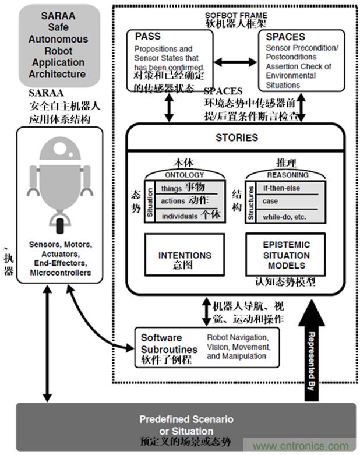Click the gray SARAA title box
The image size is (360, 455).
[x=58, y=45]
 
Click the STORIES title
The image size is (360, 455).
[x=236, y=138]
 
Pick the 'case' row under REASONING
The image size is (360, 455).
[x=271, y=202]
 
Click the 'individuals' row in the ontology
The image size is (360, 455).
[x=181, y=216]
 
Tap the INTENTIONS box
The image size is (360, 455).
[x=184, y=259]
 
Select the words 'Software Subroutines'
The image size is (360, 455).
[x=161, y=343]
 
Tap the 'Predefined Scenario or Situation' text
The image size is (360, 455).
[x=186, y=425]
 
